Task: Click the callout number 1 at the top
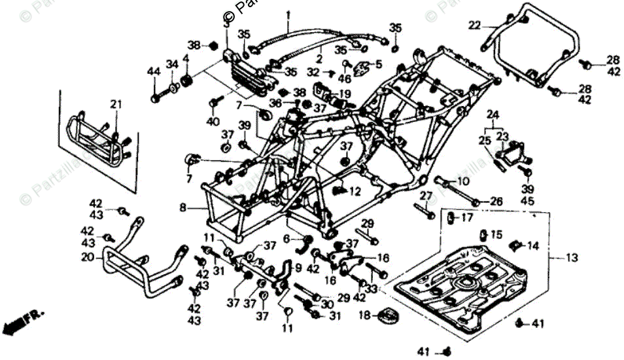(x=288, y=14)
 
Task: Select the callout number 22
(x=474, y=26)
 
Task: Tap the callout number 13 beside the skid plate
(x=572, y=259)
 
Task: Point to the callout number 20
(x=88, y=258)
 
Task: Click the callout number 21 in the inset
(x=116, y=105)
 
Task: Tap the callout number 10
(x=462, y=181)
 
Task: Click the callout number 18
(x=365, y=315)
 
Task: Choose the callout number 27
(x=426, y=196)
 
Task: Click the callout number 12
(x=355, y=192)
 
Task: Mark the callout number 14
(x=533, y=246)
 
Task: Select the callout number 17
(x=466, y=217)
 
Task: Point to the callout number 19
(x=344, y=94)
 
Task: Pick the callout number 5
(x=378, y=64)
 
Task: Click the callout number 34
(x=171, y=64)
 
